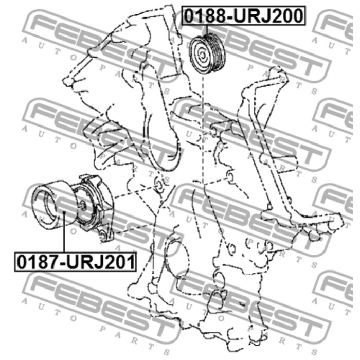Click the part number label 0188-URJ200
[244, 15]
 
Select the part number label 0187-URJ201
[76, 262]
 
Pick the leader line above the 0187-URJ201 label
[64, 232]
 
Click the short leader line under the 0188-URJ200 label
[207, 30]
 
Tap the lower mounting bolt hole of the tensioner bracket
[103, 236]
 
